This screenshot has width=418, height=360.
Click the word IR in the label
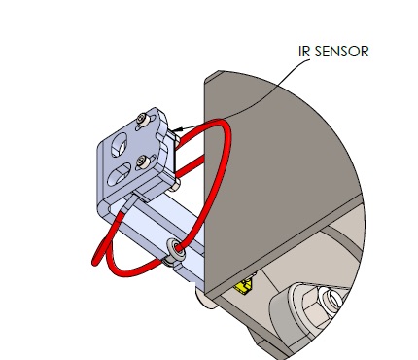(304, 52)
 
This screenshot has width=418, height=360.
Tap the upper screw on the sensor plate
(142, 119)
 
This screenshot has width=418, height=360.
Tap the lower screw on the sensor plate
(143, 162)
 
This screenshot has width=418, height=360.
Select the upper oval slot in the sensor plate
(119, 145)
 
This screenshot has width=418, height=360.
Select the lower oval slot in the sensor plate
(119, 174)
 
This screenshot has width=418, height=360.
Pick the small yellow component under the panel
(244, 287)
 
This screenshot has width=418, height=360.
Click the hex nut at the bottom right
(320, 307)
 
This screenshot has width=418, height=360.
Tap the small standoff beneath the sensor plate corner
(175, 186)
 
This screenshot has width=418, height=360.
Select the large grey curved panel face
(275, 175)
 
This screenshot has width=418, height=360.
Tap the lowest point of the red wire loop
(128, 274)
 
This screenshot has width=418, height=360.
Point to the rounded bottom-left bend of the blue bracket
(104, 207)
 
